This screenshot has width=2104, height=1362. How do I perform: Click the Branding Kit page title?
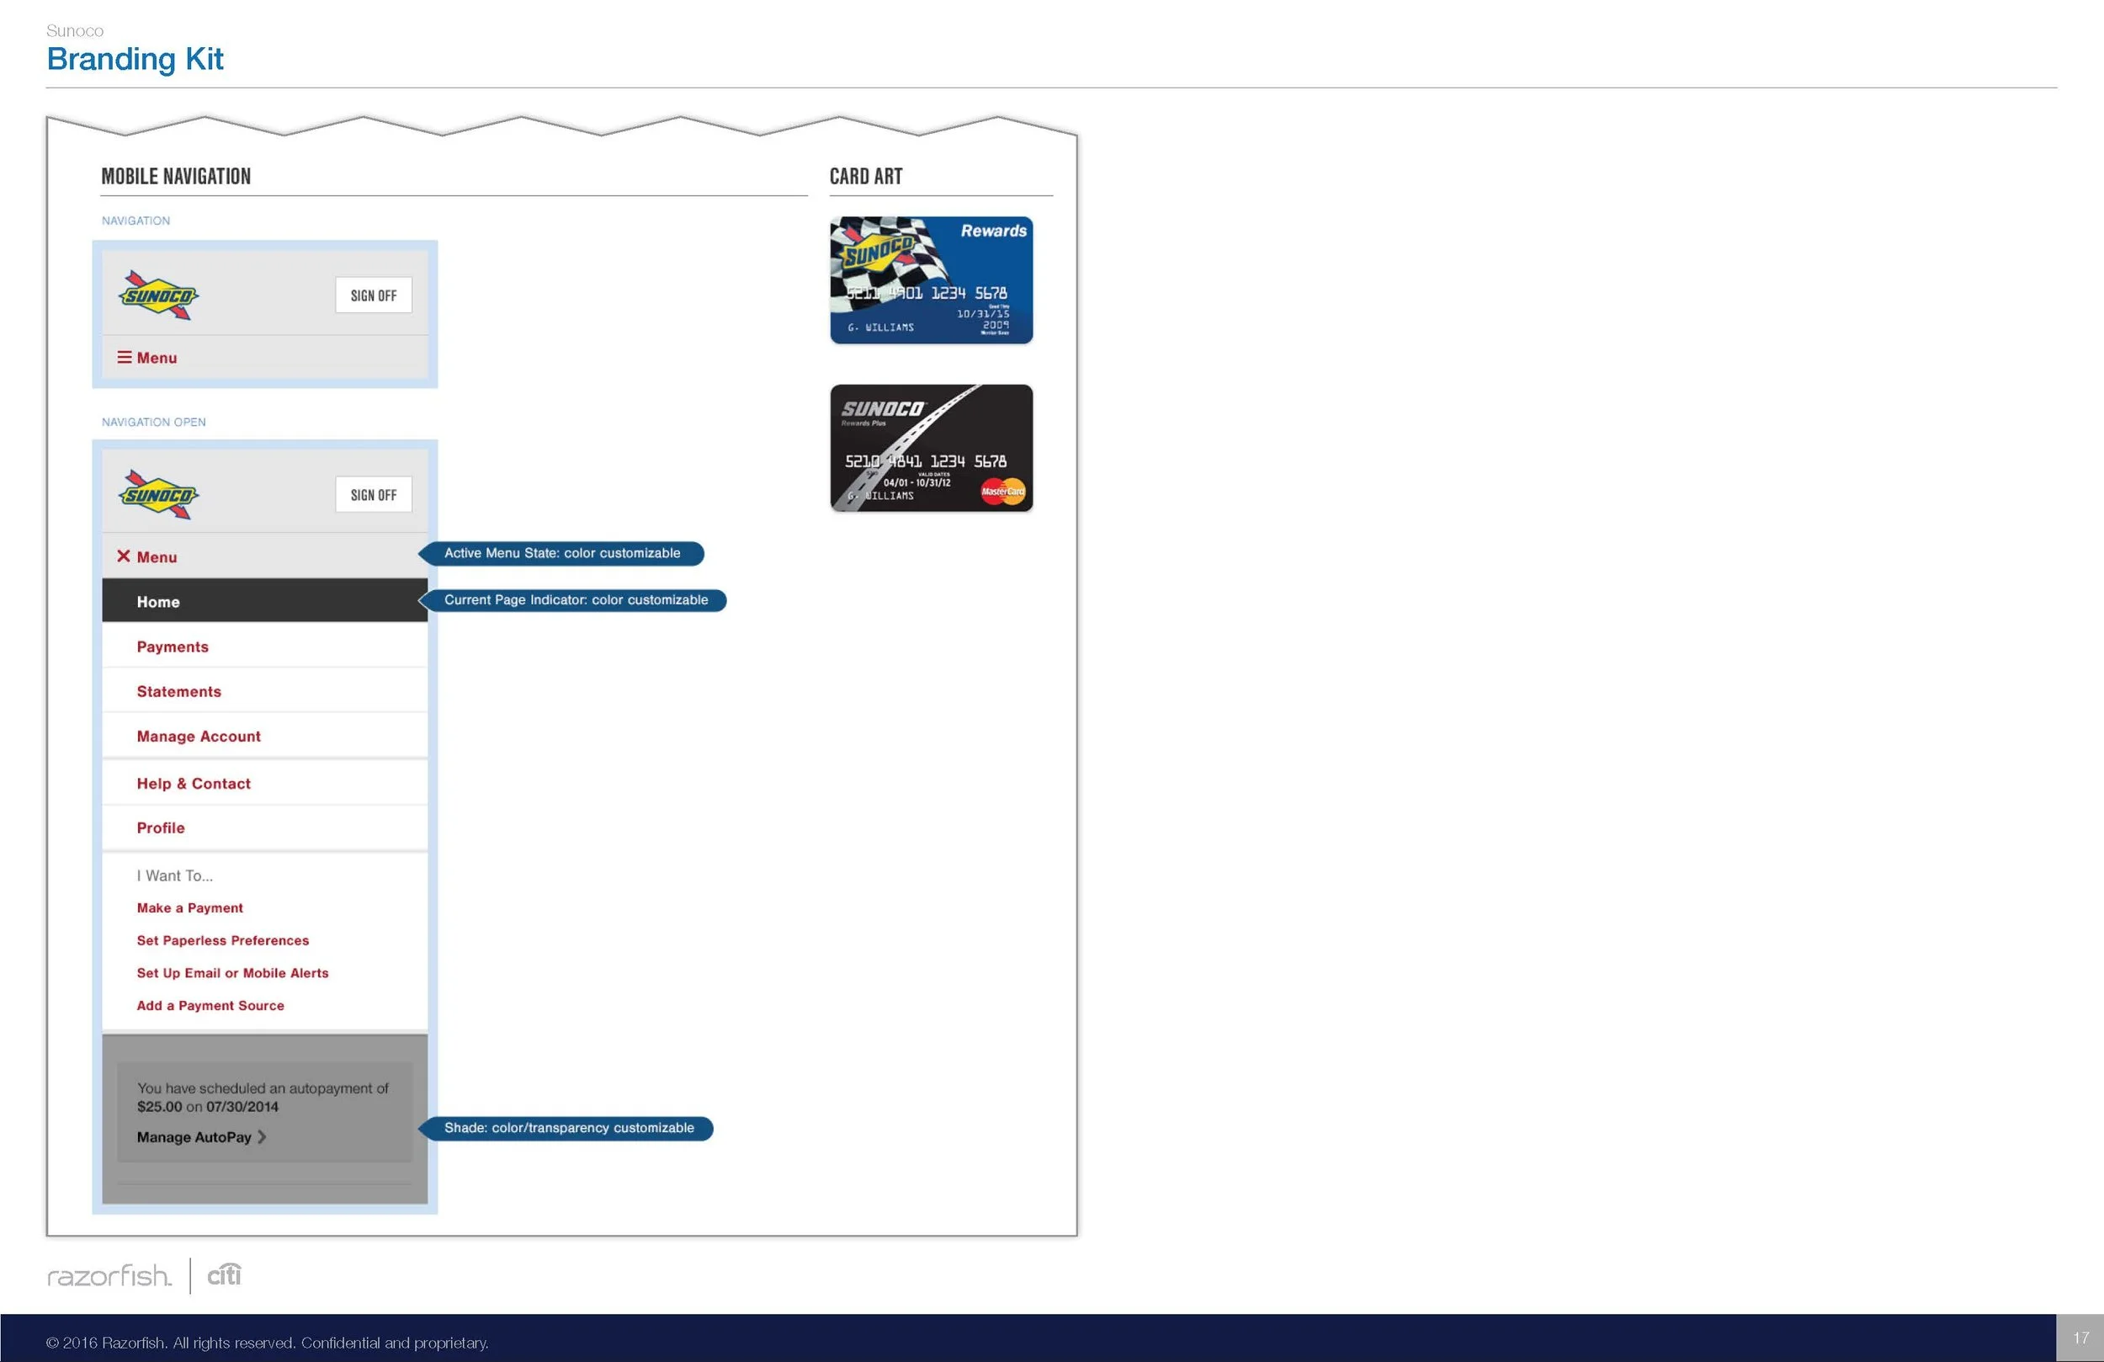point(135,59)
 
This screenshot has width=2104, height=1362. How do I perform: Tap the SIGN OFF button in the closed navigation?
point(373,295)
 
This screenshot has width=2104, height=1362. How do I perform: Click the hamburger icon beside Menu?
point(125,357)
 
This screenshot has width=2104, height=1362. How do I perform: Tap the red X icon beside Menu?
point(124,556)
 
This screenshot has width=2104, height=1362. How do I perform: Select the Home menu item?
point(158,601)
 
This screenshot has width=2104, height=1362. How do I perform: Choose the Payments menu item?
point(173,646)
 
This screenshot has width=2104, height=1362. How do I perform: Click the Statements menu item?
point(178,692)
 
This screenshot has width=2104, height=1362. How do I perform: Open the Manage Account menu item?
point(198,736)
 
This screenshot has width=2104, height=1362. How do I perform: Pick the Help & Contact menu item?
point(194,784)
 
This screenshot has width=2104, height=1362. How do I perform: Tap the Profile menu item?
point(161,827)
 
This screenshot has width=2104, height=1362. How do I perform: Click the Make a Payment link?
point(189,907)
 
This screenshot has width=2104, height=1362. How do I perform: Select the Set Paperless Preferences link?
point(223,940)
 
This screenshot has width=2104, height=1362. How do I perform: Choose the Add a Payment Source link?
point(210,1006)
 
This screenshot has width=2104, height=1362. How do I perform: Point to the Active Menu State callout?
point(562,554)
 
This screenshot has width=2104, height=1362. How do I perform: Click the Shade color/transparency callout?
point(568,1129)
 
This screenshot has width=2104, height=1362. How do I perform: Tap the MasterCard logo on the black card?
point(1002,491)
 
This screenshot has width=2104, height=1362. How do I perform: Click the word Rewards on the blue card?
point(994,231)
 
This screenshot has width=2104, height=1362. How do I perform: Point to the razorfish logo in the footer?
point(109,1275)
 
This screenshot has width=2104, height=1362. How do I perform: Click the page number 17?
point(2081,1338)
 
